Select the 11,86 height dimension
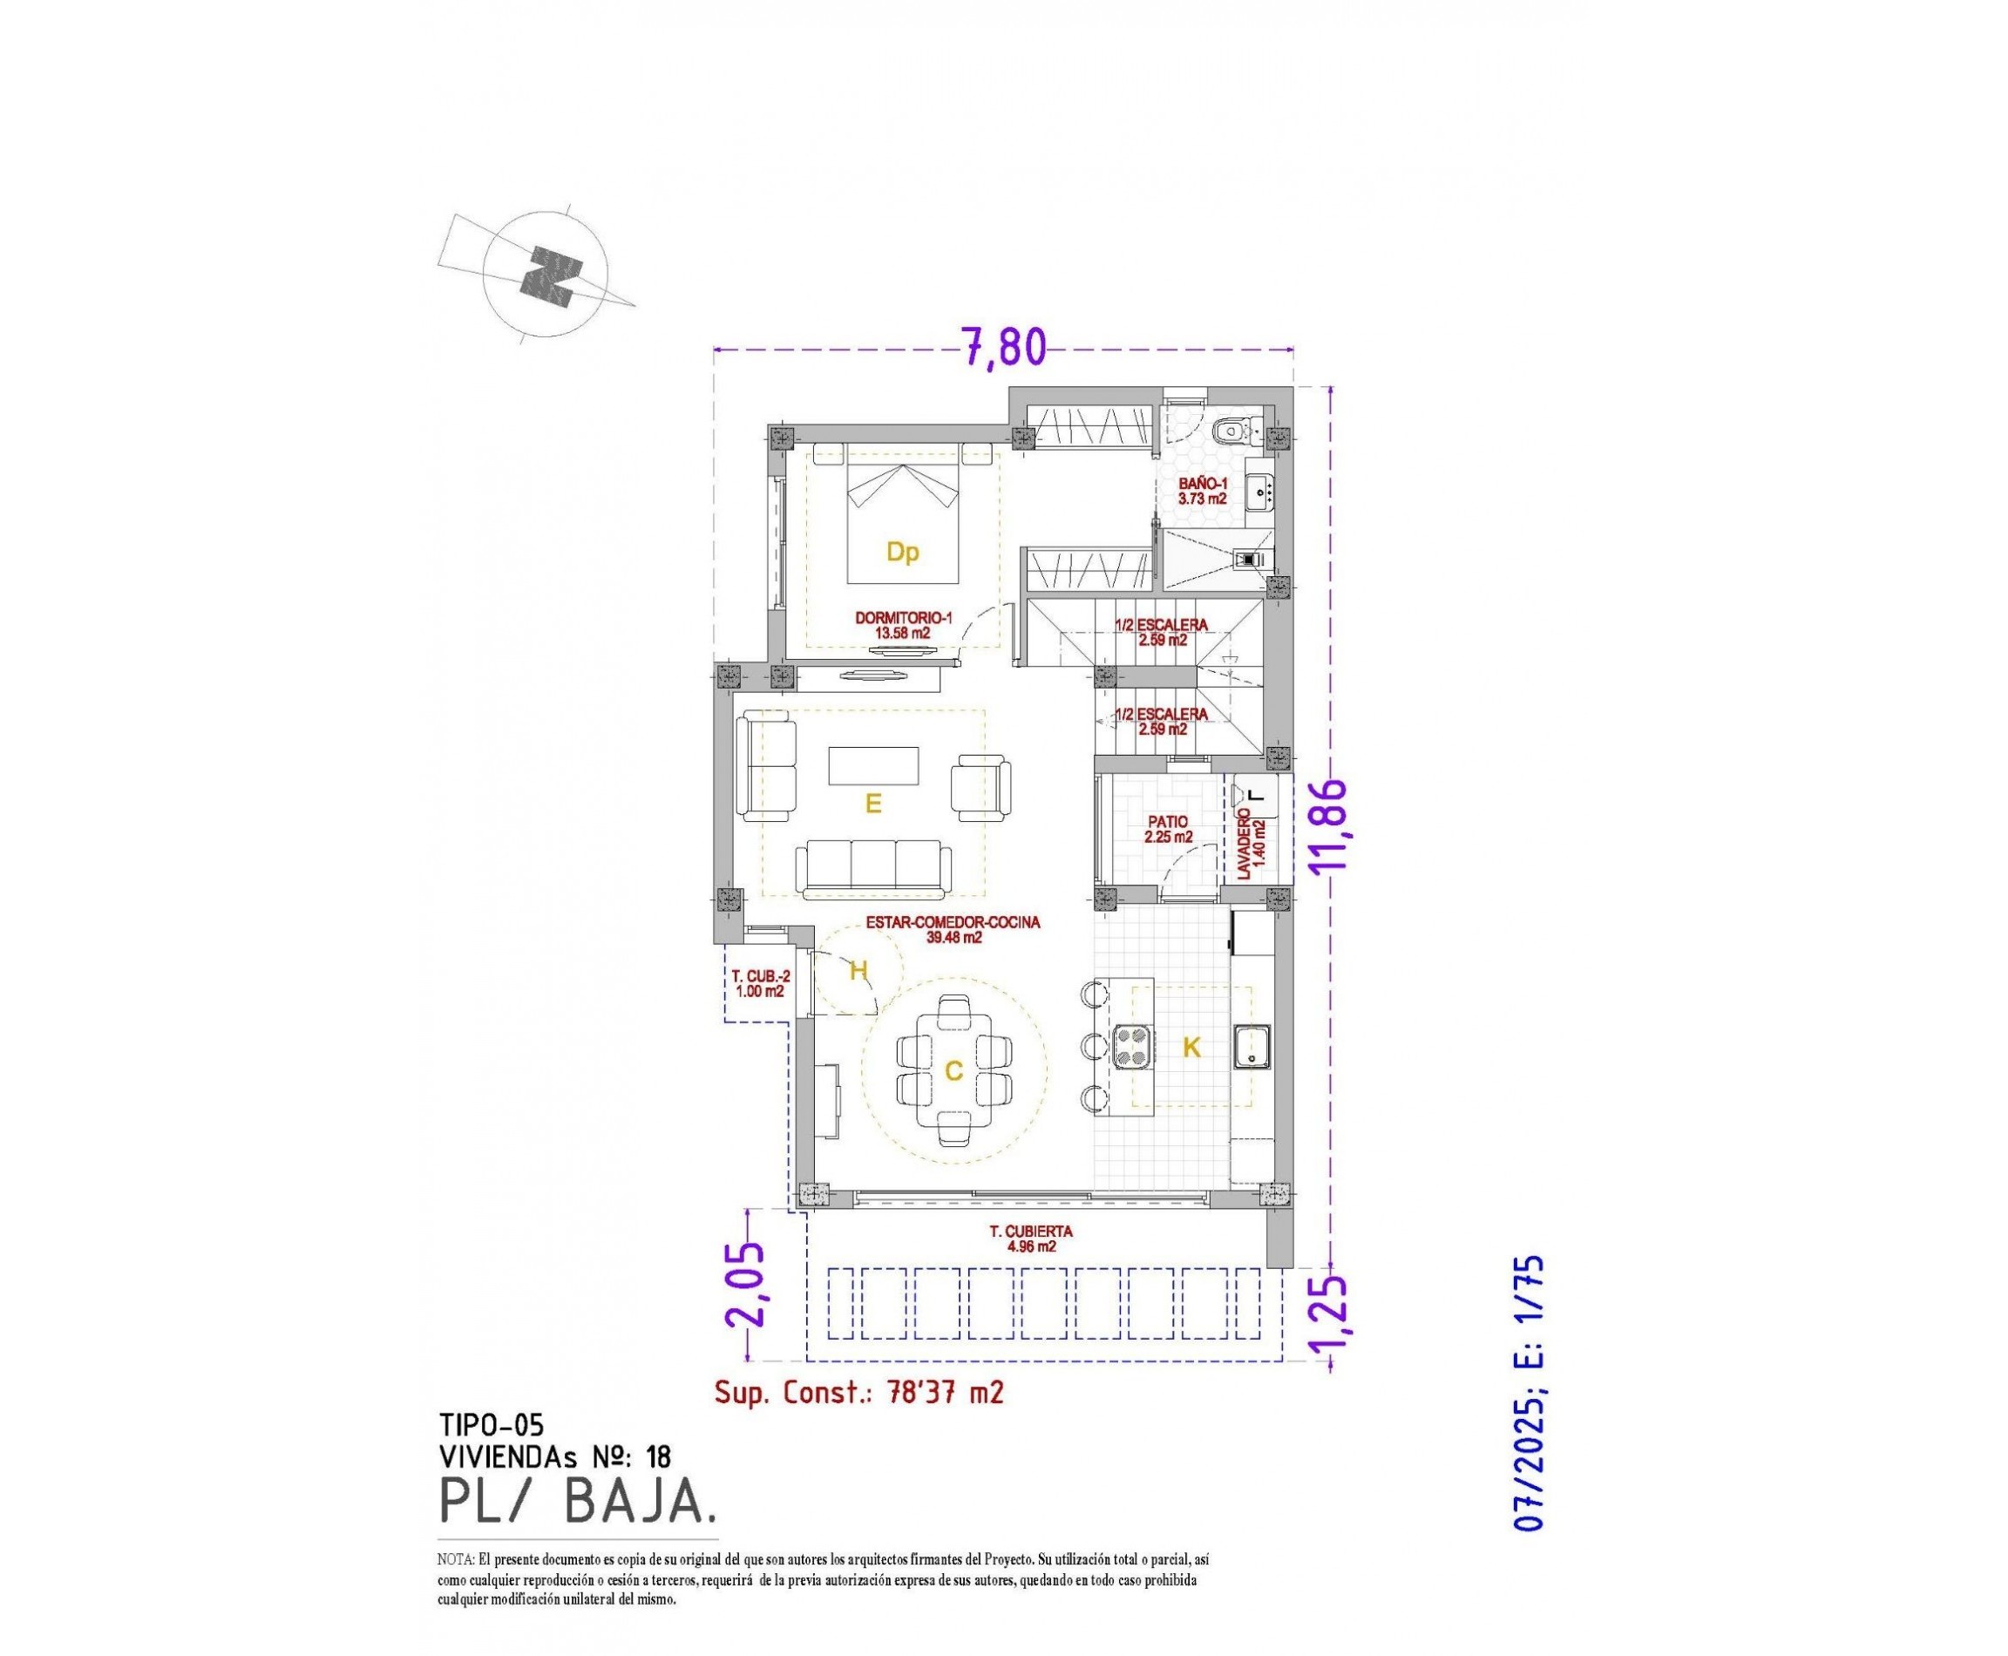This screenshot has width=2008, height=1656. (x=1327, y=825)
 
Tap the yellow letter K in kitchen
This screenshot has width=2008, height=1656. (x=1191, y=1048)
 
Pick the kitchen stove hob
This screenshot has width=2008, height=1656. (x=1134, y=1043)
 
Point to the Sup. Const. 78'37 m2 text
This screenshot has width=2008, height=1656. (x=858, y=1393)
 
